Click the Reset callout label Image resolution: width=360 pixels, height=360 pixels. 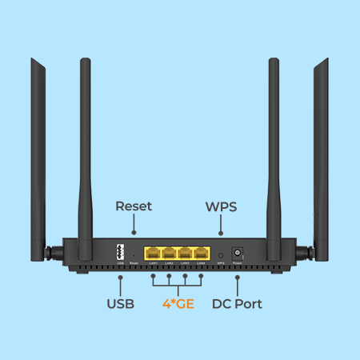pyautogui.click(x=134, y=206)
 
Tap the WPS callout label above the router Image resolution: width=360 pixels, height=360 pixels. pyautogui.click(x=221, y=206)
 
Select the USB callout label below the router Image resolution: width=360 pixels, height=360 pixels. pyautogui.click(x=120, y=304)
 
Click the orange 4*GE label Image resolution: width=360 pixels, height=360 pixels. pyautogui.click(x=178, y=304)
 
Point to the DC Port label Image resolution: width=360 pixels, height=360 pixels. pyautogui.click(x=237, y=304)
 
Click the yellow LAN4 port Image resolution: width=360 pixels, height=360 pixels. pyautogui.click(x=202, y=250)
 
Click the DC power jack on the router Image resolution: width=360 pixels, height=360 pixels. pyautogui.click(x=237, y=250)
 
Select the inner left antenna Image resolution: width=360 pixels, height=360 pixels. pyautogui.click(x=83, y=152)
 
